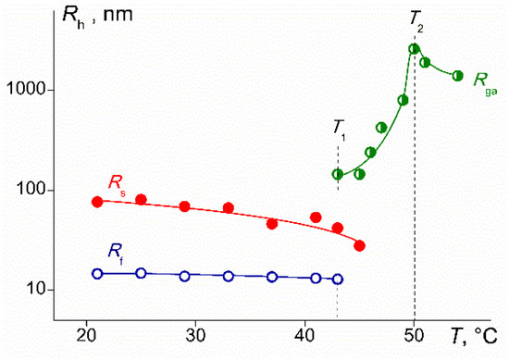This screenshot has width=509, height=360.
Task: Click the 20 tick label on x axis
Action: [x=86, y=334]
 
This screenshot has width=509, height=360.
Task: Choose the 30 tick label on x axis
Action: [x=195, y=334]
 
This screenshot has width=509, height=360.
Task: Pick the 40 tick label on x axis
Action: [x=305, y=334]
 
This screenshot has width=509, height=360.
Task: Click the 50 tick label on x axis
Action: [x=415, y=334]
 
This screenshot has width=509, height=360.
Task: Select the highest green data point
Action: [x=414, y=49]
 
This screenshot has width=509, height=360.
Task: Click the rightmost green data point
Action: [x=457, y=76]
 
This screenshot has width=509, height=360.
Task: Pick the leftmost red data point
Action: [x=97, y=202]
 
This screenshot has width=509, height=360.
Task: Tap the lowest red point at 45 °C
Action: [x=359, y=245]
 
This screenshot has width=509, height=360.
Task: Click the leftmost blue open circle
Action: [x=97, y=273]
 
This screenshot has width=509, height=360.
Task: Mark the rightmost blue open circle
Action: [x=338, y=279]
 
